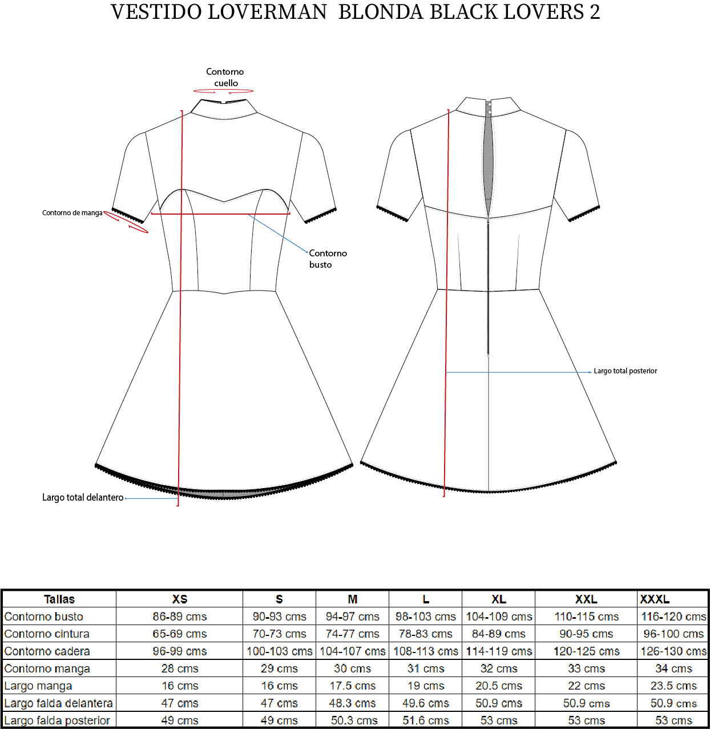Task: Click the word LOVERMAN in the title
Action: pyautogui.click(x=267, y=12)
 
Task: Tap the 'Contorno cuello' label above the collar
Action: pyautogui.click(x=225, y=77)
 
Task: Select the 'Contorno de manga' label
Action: pyautogui.click(x=72, y=213)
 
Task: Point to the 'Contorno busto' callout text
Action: pyautogui.click(x=328, y=259)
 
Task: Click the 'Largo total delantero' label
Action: pyautogui.click(x=83, y=497)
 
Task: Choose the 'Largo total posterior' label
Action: pyautogui.click(x=626, y=371)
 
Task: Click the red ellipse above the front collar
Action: pyautogui.click(x=223, y=91)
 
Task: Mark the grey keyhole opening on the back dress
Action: pyautogui.click(x=488, y=159)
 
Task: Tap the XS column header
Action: pyautogui.click(x=180, y=599)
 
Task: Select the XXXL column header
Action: pyautogui.click(x=655, y=599)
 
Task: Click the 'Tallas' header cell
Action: pyautogui.click(x=59, y=599)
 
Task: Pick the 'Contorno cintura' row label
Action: pyautogui.click(x=47, y=634)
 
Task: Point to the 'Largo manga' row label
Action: pyautogui.click(x=38, y=686)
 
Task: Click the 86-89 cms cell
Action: pyautogui.click(x=180, y=617)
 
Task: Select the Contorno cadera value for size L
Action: pyautogui.click(x=426, y=651)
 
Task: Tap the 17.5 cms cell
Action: pyautogui.click(x=353, y=686)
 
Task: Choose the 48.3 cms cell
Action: pyautogui.click(x=353, y=703)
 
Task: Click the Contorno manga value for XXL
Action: pyautogui.click(x=586, y=668)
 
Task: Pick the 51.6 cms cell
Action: pyautogui.click(x=426, y=720)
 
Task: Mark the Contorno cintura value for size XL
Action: pyautogui.click(x=499, y=634)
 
